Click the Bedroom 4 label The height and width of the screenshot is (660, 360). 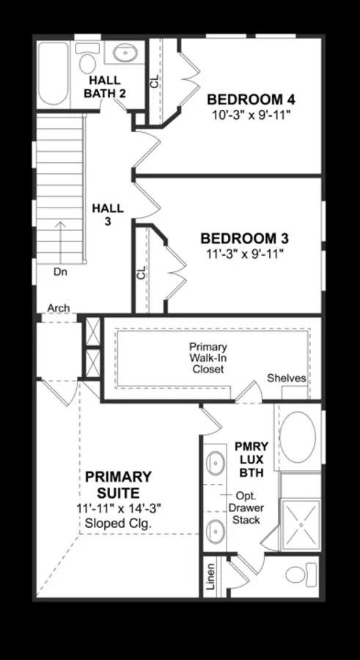click(251, 100)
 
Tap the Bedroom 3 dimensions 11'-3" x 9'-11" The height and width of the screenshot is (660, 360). click(245, 254)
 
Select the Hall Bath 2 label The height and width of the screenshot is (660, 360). click(105, 87)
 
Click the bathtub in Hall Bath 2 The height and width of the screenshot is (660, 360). click(53, 73)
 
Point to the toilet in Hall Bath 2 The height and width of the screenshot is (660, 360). click(87, 58)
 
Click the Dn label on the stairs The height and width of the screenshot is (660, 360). click(60, 272)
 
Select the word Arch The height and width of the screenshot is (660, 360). click(59, 308)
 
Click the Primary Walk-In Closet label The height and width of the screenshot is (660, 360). click(208, 358)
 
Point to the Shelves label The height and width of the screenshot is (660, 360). click(287, 378)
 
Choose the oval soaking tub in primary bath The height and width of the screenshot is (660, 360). click(298, 437)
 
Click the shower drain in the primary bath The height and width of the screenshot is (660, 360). click(301, 524)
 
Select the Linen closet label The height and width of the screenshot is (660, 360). click(211, 576)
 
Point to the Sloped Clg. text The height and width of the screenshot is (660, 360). click(118, 524)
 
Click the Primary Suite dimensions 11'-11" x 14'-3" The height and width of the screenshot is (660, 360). click(120, 508)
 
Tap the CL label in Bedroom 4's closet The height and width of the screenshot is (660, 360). click(155, 81)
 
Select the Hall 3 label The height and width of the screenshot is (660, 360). click(109, 215)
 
